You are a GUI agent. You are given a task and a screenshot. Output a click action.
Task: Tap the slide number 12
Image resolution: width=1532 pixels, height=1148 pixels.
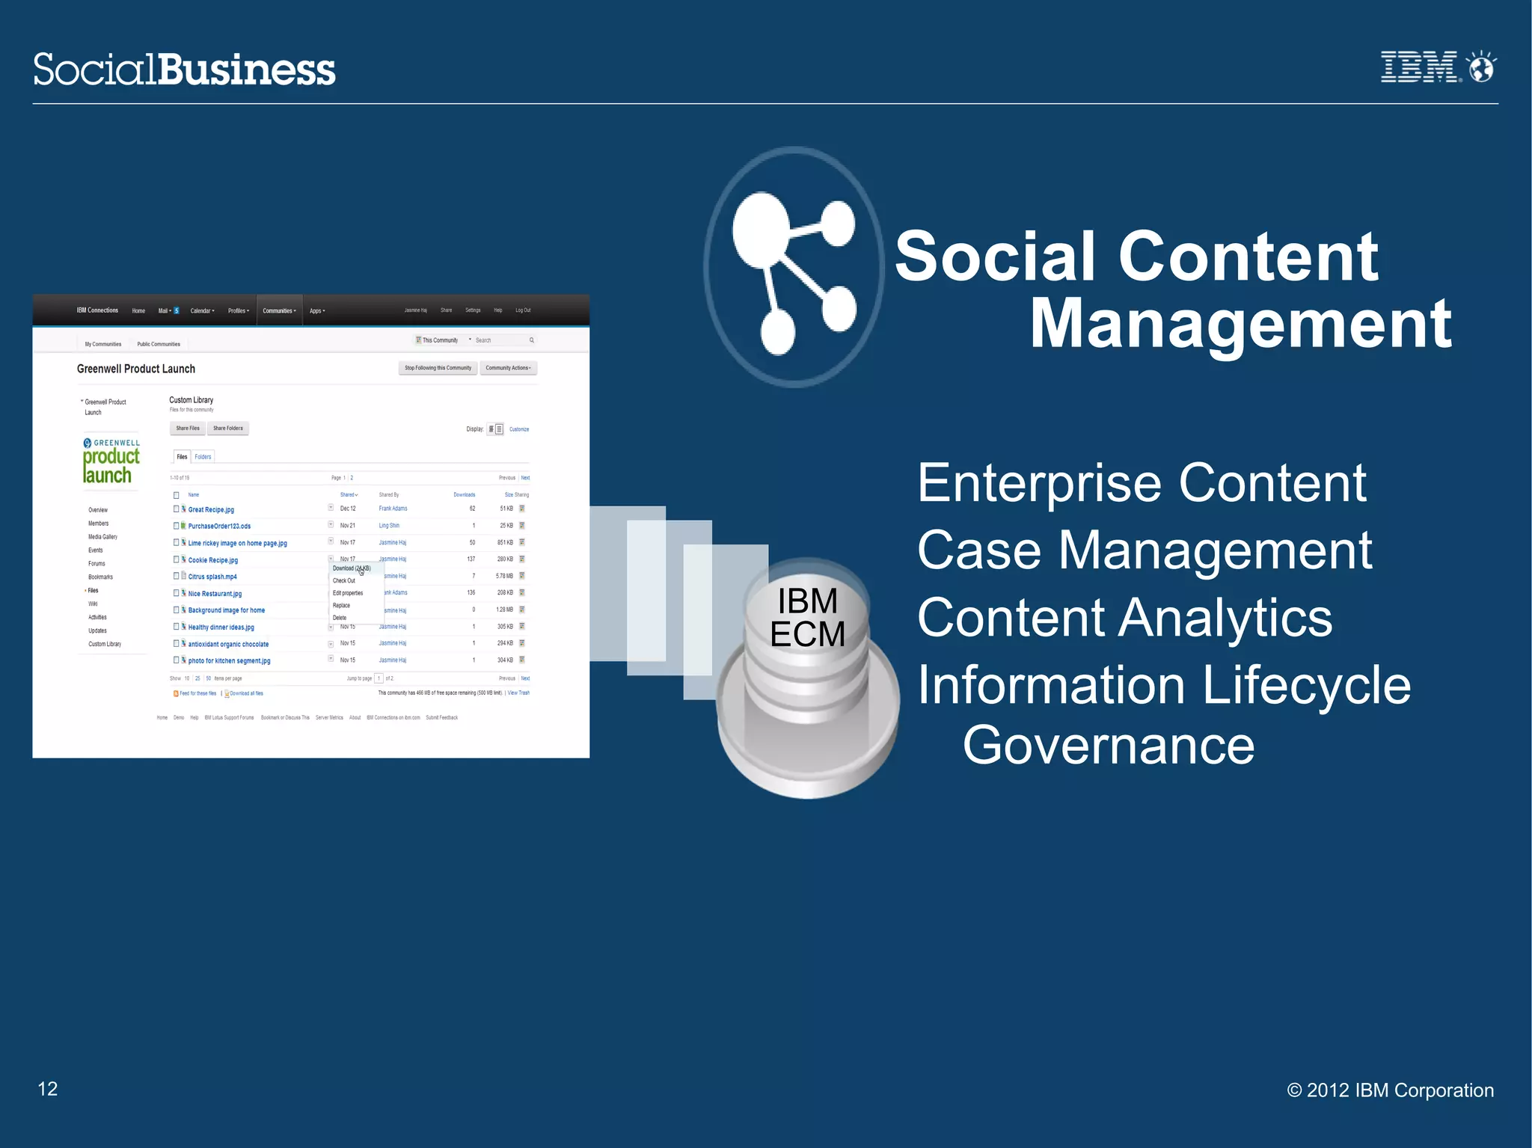48,1089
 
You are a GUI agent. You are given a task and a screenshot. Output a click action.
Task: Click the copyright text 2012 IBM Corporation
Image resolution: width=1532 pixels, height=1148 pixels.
1390,1090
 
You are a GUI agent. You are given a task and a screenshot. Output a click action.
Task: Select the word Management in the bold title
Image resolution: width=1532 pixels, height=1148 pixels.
1240,323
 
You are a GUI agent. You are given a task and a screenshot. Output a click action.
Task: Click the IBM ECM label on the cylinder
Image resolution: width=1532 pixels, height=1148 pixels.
807,618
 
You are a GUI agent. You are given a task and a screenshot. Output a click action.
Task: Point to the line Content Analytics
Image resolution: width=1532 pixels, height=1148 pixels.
1124,618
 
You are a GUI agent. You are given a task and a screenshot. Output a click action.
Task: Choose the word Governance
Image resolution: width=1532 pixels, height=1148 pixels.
1108,745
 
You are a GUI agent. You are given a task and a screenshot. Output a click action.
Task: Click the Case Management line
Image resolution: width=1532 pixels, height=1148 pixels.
1144,550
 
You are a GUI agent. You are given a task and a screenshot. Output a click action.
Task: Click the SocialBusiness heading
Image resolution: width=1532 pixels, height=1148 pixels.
184,70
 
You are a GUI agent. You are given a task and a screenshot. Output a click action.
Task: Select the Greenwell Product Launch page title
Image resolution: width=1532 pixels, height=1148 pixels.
136,369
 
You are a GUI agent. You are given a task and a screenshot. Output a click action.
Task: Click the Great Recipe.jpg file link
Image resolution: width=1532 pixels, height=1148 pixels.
211,509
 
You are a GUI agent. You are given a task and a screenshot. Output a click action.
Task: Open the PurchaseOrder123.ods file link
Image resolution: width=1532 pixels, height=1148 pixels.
219,526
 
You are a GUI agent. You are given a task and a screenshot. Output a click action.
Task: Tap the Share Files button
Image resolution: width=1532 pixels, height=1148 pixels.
188,429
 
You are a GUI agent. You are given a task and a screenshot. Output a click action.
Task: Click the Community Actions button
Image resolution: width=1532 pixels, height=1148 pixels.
508,368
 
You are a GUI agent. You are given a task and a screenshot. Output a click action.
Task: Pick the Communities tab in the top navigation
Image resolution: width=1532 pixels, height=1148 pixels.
279,310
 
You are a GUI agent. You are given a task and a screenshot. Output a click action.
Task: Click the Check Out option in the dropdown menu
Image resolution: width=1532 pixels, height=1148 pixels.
344,580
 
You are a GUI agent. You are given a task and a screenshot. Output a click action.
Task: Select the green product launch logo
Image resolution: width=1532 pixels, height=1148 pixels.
111,461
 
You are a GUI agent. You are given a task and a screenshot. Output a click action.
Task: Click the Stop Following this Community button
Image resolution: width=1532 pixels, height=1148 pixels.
438,368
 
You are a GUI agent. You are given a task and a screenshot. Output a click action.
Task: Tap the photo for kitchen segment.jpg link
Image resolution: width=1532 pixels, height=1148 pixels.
229,661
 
